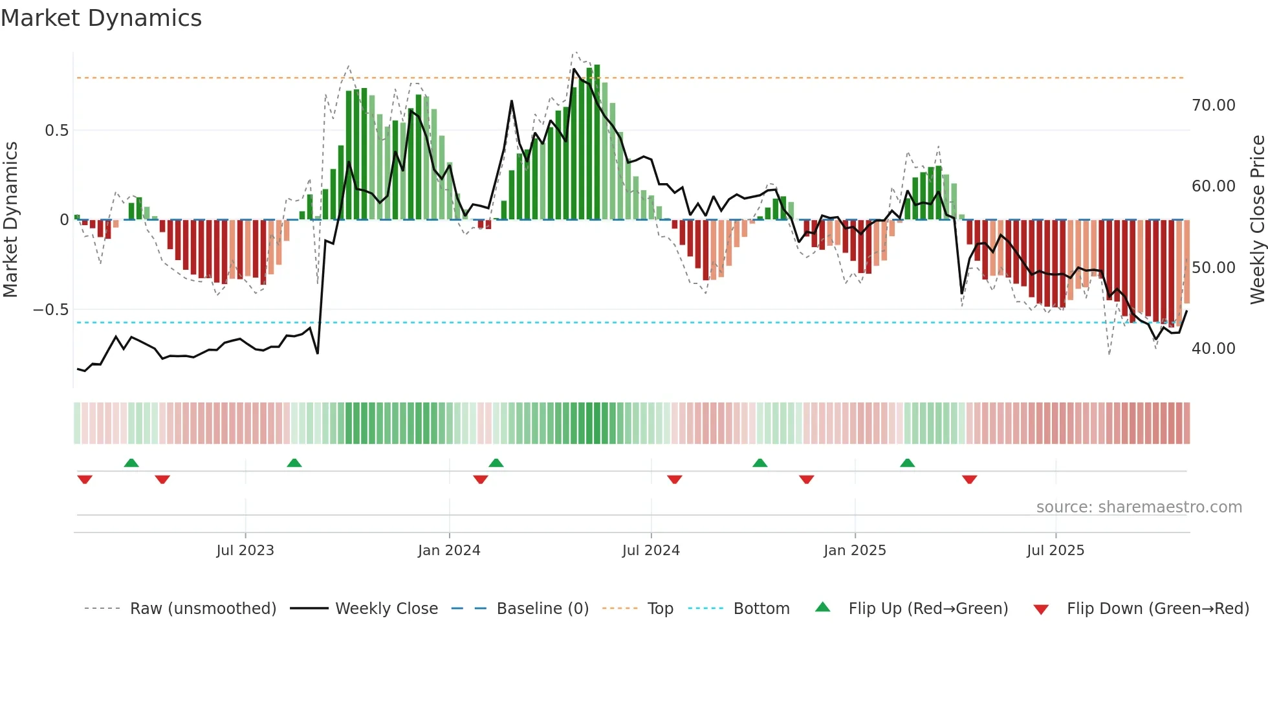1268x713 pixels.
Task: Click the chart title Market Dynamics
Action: coord(101,18)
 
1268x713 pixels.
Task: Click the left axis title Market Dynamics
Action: coord(11,219)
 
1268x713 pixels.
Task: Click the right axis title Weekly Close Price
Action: coord(1257,219)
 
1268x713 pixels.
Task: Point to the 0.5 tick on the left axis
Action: coord(56,131)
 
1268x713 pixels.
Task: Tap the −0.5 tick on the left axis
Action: coord(51,310)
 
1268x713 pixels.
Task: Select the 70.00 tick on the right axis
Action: coord(1213,105)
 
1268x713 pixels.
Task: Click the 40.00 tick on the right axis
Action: coord(1213,349)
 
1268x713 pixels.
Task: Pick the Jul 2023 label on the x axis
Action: coord(245,551)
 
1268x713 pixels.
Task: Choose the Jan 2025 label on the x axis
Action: coord(855,551)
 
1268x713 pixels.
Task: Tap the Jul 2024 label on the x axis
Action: coord(651,551)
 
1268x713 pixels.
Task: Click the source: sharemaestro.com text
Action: coord(1139,507)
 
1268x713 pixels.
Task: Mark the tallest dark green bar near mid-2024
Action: coord(597,142)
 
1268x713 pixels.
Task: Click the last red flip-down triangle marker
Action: coord(969,479)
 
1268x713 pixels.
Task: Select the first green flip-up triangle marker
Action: coord(131,463)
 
